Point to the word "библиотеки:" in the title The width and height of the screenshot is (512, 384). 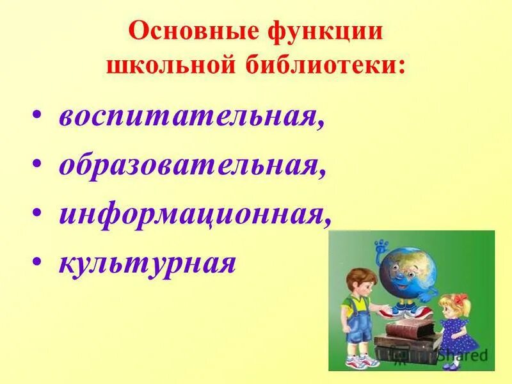pyautogui.click(x=326, y=65)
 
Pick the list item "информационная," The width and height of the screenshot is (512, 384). pyautogui.click(x=195, y=213)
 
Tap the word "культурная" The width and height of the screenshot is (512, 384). pyautogui.click(x=147, y=261)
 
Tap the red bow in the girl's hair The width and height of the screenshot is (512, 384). pyautogui.click(x=460, y=300)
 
